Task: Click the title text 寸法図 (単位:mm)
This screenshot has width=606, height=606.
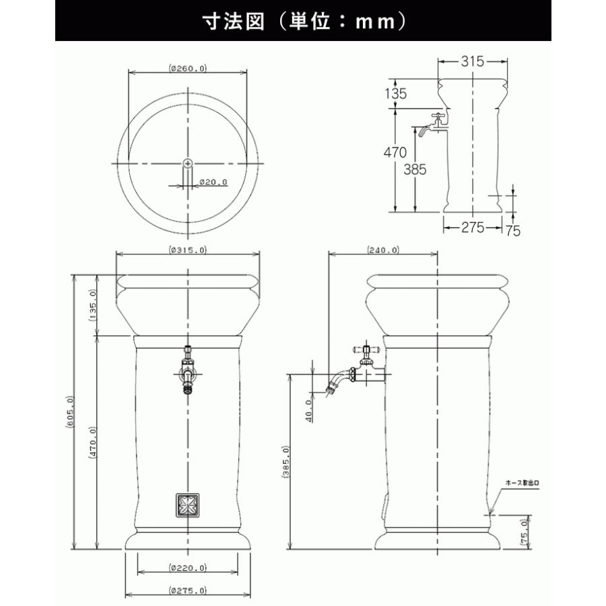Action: pos(304,21)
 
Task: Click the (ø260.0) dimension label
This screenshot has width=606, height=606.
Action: pos(188,68)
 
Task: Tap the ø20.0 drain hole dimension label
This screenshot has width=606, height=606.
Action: pos(215,182)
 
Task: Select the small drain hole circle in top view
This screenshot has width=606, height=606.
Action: pos(188,163)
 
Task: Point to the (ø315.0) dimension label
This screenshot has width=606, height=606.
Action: pos(188,250)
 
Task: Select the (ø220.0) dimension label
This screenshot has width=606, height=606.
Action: pos(188,568)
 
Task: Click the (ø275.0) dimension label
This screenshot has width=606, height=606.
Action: pos(188,591)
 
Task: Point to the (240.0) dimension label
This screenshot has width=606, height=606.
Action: pos(382,250)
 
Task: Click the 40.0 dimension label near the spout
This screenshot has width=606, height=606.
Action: pos(309,409)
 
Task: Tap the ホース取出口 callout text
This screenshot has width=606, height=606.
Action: pos(523,483)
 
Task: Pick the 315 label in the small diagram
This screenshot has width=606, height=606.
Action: pos(473,61)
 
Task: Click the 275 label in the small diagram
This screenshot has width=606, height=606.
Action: pos(473,228)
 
